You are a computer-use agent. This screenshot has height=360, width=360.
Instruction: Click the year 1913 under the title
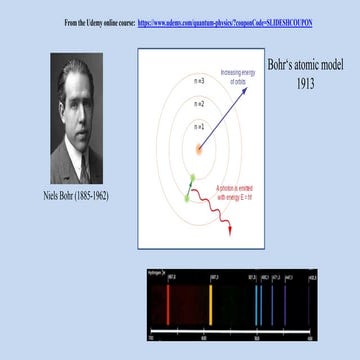(x=305, y=85)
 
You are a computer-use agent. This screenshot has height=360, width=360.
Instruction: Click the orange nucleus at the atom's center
(x=199, y=151)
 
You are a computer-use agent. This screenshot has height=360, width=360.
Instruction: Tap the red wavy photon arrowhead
(x=230, y=231)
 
